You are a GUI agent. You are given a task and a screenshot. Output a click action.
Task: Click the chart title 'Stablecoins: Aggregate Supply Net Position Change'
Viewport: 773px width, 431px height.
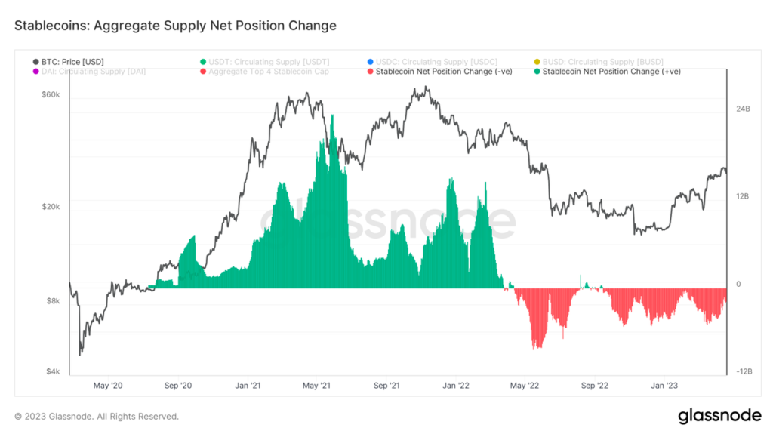175,26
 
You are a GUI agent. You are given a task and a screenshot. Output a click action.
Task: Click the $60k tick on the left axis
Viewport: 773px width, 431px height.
51,95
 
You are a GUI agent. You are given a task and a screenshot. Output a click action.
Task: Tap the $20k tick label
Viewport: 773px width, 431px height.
51,207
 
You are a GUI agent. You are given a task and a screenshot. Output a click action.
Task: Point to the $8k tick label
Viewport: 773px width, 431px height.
53,301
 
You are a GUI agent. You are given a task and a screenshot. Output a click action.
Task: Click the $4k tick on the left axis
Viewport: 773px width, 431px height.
53,371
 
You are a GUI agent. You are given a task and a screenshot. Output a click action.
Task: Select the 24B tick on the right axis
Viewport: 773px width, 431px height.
743,109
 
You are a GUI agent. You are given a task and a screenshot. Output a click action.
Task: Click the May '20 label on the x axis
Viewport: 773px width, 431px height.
106,386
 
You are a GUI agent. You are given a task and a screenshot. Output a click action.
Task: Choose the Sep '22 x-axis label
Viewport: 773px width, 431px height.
594,386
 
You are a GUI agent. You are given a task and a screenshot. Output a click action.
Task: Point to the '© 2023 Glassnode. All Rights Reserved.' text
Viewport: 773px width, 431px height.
97,416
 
